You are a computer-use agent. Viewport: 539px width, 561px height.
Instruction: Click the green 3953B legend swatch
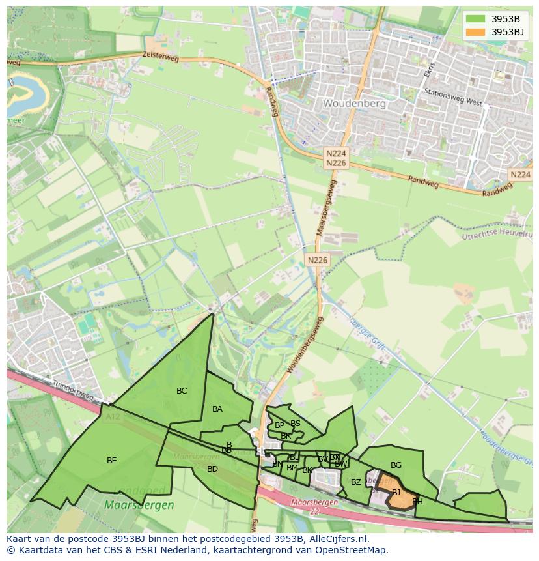(x=476, y=19)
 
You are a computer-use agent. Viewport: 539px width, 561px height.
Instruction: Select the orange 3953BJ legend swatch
(x=476, y=32)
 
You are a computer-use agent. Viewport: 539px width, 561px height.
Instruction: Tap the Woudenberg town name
(x=354, y=103)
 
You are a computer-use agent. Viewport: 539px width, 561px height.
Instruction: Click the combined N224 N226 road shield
(x=336, y=158)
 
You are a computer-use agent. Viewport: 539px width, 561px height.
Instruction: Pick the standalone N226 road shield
(x=318, y=260)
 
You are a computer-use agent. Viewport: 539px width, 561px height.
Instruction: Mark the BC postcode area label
(x=182, y=391)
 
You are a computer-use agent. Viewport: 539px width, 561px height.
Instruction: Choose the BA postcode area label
(x=217, y=409)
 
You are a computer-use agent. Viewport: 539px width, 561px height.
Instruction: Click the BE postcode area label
(x=112, y=461)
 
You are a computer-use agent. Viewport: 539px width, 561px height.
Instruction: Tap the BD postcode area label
(x=212, y=469)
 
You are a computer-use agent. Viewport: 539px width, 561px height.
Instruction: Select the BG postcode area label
(x=396, y=465)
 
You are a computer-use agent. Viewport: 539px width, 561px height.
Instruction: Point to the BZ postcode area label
(x=355, y=482)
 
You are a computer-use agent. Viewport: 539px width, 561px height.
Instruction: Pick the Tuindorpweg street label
(x=73, y=390)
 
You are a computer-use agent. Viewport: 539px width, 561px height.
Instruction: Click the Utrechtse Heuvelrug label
(x=497, y=235)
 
